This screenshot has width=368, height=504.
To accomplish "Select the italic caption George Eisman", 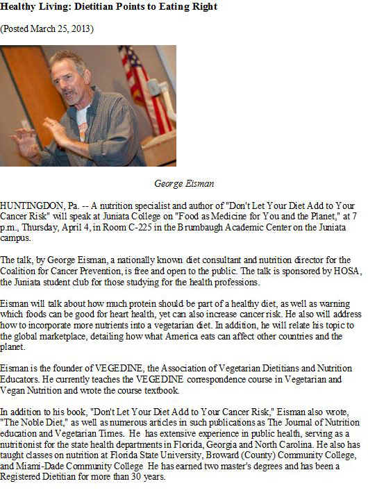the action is pyautogui.click(x=183, y=184).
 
